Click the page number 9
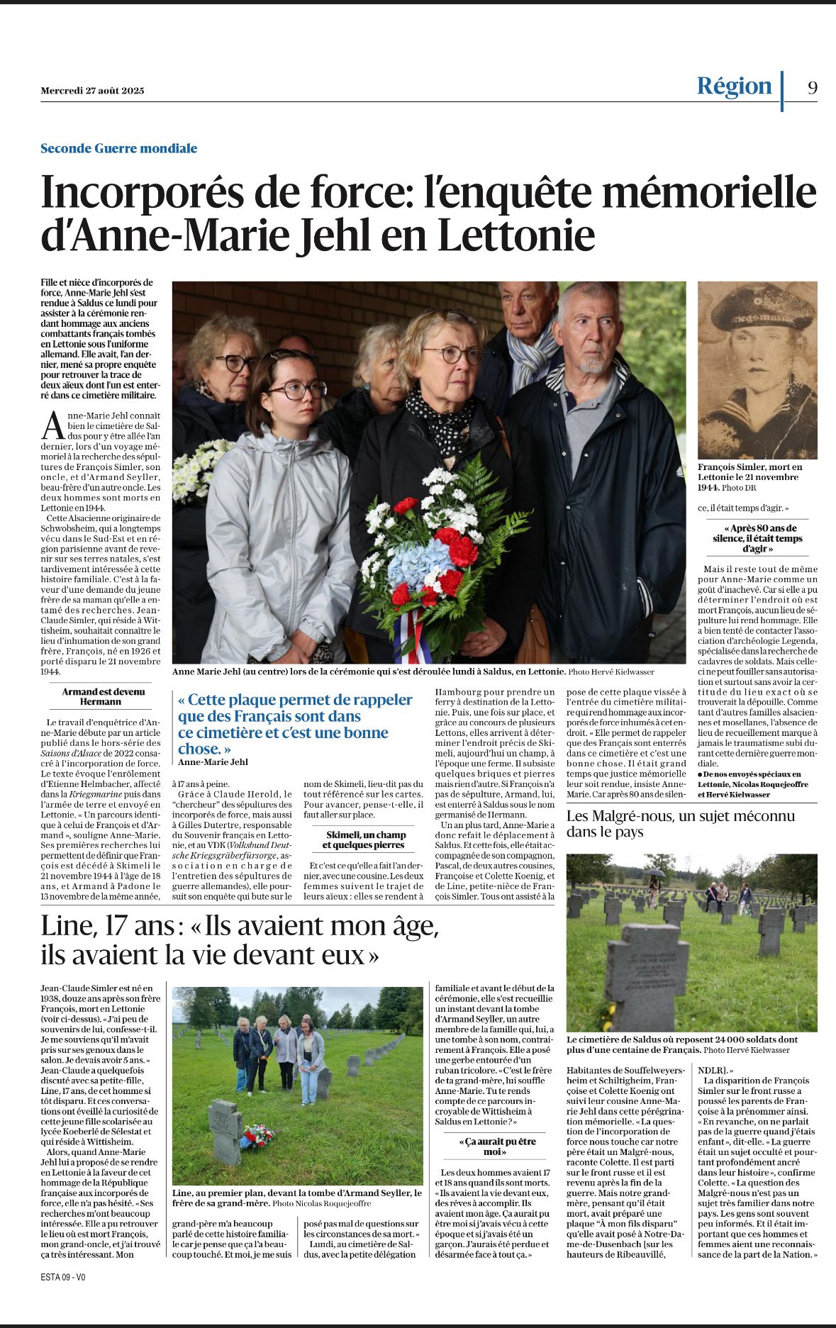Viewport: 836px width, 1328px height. [x=812, y=87]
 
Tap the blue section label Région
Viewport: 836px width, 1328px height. [x=734, y=86]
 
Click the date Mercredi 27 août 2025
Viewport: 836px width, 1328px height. [x=92, y=91]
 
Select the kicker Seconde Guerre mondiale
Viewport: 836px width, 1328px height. [x=118, y=148]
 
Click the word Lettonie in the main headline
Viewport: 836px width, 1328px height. [x=515, y=235]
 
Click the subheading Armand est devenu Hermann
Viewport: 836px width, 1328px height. [x=104, y=696]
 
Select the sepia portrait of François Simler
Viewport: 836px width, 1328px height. [x=757, y=370]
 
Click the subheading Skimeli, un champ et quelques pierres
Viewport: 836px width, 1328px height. [x=366, y=839]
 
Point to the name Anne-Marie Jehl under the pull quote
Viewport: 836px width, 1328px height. [x=213, y=761]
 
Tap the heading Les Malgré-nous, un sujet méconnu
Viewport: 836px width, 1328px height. [x=680, y=823]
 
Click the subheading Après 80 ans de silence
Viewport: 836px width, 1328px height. [x=757, y=538]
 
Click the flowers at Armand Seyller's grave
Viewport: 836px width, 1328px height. [x=257, y=1136]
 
